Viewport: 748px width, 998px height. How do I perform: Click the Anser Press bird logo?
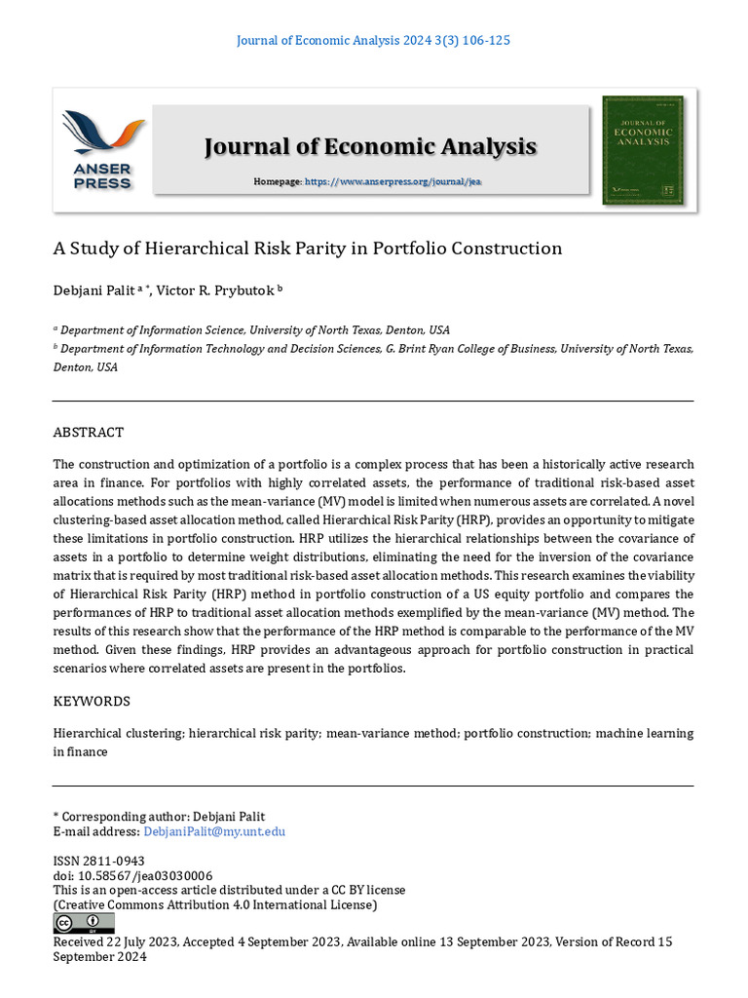(103, 134)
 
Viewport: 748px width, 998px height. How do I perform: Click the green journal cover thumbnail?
(642, 149)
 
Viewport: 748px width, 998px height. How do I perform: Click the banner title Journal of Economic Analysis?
(370, 146)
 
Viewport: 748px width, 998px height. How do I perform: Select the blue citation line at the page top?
(374, 41)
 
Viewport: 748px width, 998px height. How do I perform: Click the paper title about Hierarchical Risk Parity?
(307, 249)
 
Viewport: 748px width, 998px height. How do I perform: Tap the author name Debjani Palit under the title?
(93, 289)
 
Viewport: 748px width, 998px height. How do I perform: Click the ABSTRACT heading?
(88, 433)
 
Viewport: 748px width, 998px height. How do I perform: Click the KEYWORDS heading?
(91, 702)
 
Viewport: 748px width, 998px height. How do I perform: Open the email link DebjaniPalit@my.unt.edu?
(214, 831)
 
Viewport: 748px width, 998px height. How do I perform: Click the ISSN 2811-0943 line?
(98, 862)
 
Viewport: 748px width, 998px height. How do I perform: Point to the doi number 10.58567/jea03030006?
(146, 876)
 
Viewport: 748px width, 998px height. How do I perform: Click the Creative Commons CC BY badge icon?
(83, 922)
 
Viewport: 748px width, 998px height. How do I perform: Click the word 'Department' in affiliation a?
(95, 330)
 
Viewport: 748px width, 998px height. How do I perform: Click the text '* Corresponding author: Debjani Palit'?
(158, 817)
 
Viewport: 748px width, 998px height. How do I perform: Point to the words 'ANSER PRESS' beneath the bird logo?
(101, 176)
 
